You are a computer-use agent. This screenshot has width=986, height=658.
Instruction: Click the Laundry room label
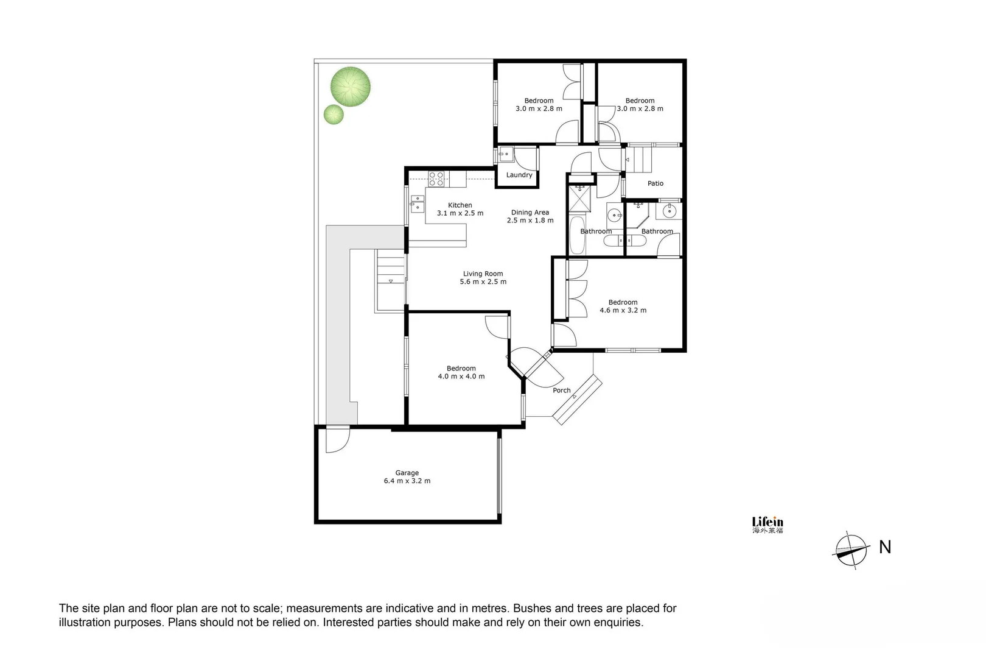pyautogui.click(x=519, y=175)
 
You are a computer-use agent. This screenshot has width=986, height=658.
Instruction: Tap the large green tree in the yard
pyautogui.click(x=351, y=86)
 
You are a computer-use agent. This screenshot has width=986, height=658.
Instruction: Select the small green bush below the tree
pyautogui.click(x=333, y=114)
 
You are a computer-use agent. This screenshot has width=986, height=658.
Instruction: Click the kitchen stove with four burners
pyautogui.click(x=436, y=179)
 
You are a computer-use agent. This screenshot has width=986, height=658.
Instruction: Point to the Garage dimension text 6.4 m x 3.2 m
pyautogui.click(x=407, y=481)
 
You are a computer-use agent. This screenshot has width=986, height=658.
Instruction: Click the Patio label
pyautogui.click(x=656, y=183)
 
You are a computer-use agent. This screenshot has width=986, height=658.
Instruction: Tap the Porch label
pyautogui.click(x=561, y=391)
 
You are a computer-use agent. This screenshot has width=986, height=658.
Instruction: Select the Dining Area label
pyautogui.click(x=530, y=213)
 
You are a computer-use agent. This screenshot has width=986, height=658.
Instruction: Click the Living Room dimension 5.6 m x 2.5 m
pyautogui.click(x=483, y=281)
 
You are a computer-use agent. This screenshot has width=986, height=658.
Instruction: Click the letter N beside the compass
pyautogui.click(x=885, y=547)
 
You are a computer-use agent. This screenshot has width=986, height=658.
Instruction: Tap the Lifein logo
pyautogui.click(x=767, y=525)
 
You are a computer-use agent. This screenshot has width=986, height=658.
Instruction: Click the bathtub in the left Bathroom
pyautogui.click(x=576, y=235)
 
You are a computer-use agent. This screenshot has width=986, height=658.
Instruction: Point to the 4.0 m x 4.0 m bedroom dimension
pyautogui.click(x=461, y=377)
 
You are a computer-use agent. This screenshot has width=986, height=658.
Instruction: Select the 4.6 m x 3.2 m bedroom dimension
pyautogui.click(x=623, y=310)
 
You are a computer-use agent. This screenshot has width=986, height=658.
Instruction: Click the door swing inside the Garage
pyautogui.click(x=337, y=440)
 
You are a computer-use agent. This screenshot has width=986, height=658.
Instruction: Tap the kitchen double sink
pyautogui.click(x=418, y=203)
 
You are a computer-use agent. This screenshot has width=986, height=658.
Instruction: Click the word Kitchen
pyautogui.click(x=460, y=205)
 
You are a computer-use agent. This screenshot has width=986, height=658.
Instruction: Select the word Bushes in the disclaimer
pyautogui.click(x=533, y=608)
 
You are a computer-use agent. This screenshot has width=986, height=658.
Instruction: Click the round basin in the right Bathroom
pyautogui.click(x=669, y=211)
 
